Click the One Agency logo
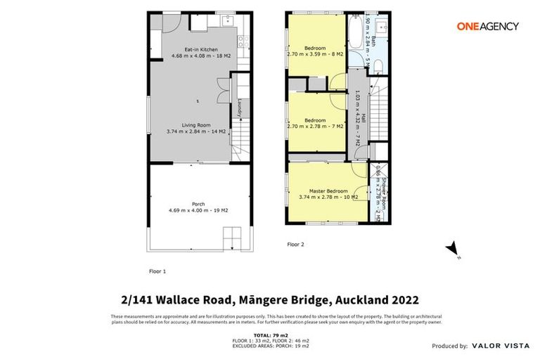pos(487,26)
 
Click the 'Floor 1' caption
pos(157,270)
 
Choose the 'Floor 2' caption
pos(296,244)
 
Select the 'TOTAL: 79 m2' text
pos(270,335)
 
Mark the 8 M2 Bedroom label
pos(314,51)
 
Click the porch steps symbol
pos(232,238)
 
